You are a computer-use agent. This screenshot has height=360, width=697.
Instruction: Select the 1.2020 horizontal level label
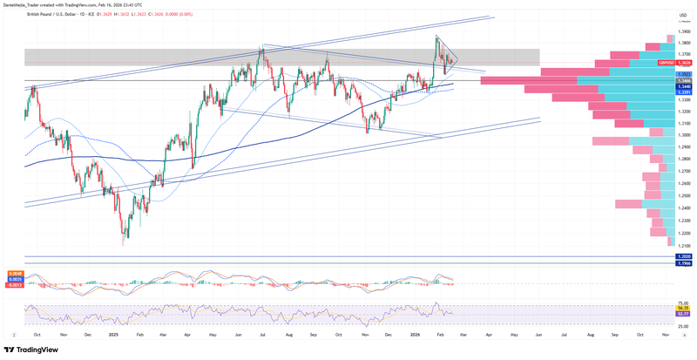684,257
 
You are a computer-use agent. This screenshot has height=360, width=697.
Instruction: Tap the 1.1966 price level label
684,263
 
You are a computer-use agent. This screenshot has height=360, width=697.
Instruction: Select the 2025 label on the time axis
113,334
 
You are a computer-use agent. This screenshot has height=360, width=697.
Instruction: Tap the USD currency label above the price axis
683,15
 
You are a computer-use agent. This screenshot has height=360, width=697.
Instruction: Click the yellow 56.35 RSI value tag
684,308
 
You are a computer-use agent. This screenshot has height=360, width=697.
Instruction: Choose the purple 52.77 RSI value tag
684,313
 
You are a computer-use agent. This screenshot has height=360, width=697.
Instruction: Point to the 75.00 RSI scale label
683,302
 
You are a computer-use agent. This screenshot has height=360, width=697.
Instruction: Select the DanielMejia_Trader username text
27,5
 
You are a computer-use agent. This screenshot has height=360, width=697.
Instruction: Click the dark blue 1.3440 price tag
684,86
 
